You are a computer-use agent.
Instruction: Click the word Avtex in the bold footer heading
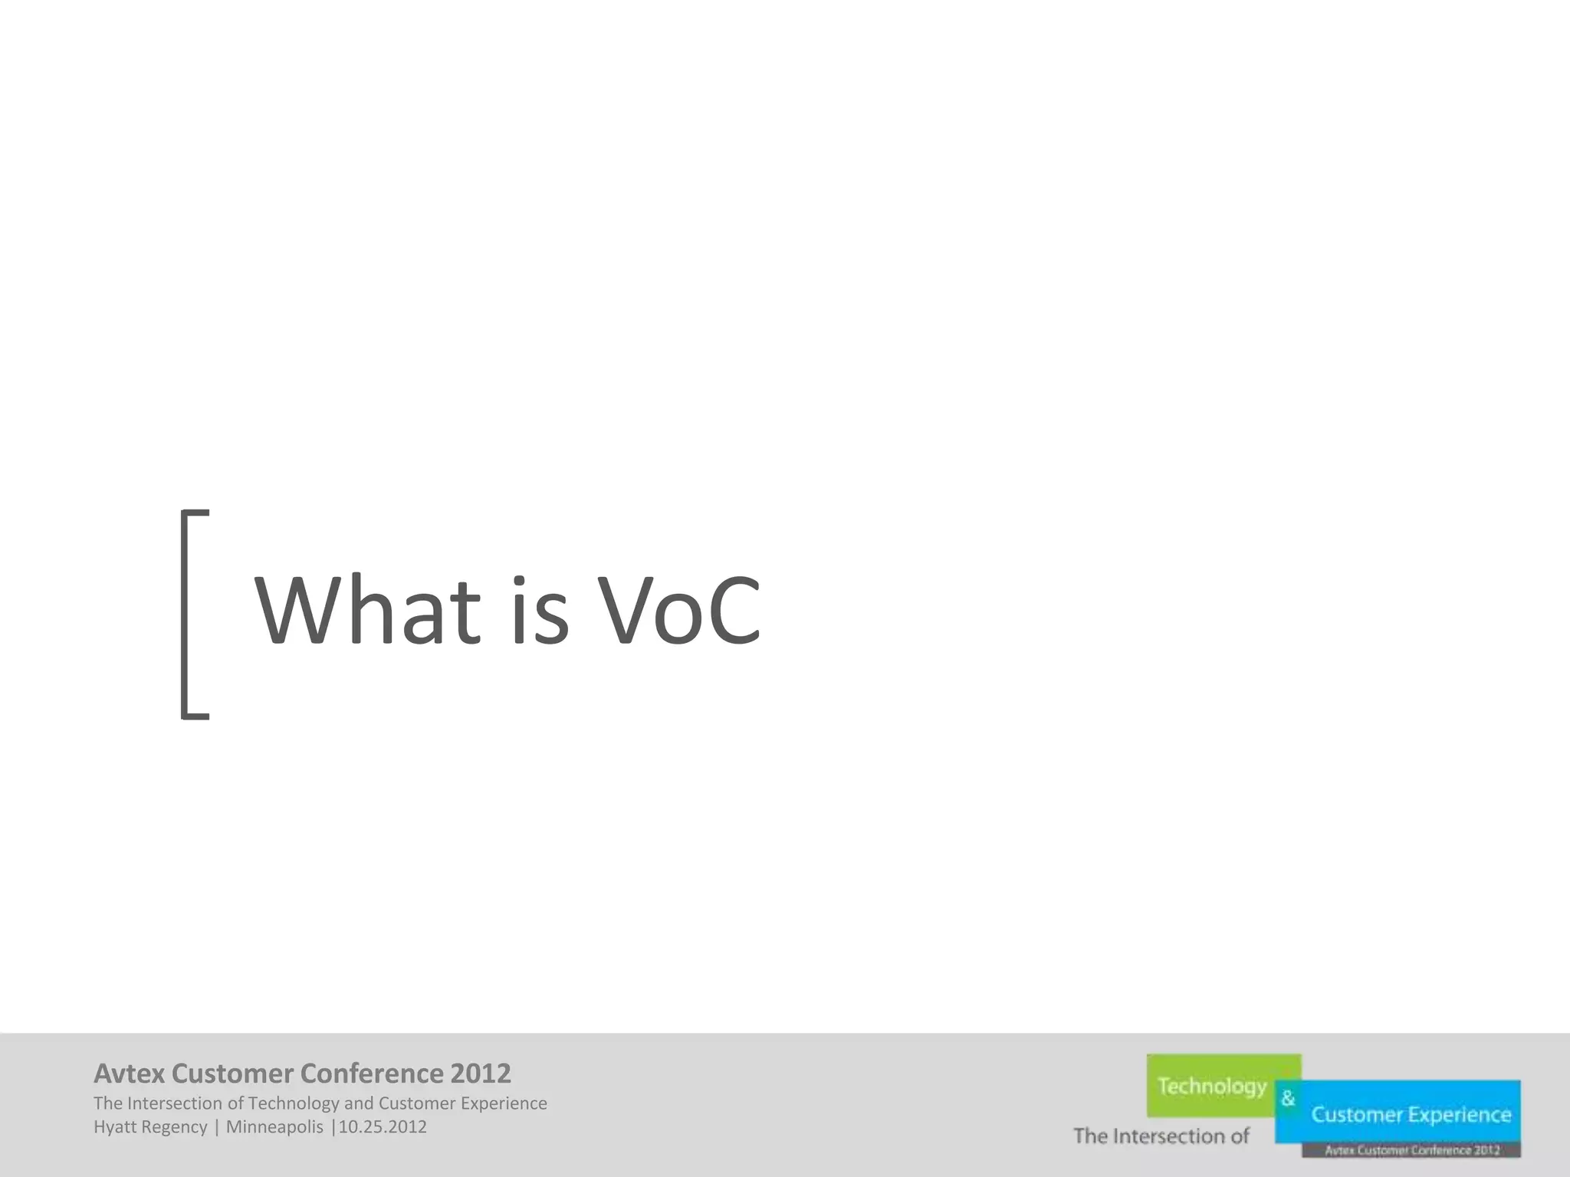(129, 1074)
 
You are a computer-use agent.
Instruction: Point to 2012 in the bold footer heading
(480, 1074)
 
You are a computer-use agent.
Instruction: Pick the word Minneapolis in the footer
(274, 1127)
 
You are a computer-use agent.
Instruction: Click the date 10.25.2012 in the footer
(383, 1127)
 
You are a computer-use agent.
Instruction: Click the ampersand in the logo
(1288, 1099)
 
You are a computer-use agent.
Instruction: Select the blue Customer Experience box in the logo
(1411, 1113)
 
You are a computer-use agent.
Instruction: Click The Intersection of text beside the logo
(1161, 1136)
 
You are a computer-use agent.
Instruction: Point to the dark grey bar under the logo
(1411, 1149)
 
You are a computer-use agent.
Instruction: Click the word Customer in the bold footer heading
(232, 1074)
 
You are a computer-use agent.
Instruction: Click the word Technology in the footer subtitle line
(294, 1103)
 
